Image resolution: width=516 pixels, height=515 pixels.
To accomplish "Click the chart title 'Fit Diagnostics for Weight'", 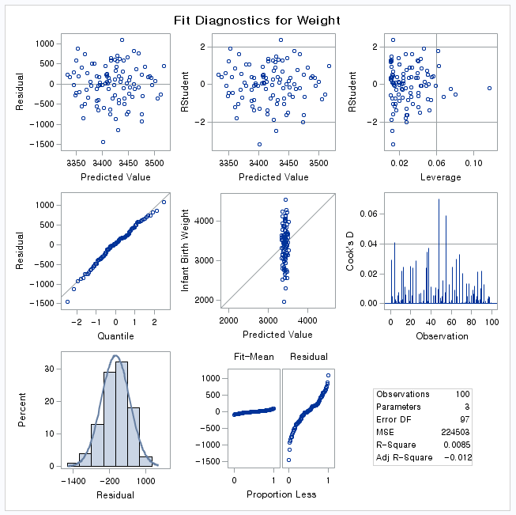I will [258, 21].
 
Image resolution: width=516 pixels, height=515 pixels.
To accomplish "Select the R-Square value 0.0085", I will [457, 445].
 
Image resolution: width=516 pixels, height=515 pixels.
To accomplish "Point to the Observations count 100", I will [462, 394].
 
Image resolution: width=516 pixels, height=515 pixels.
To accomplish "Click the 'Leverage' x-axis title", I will [440, 177].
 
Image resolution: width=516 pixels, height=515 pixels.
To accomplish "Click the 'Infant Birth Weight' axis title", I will [186, 249].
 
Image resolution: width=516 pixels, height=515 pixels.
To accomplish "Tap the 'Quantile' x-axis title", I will [116, 336].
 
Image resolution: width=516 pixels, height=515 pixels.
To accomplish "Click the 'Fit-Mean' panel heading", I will [254, 357].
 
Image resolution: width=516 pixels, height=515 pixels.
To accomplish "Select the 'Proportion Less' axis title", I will [281, 494].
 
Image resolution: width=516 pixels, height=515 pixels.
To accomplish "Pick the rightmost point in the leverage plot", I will [489, 88].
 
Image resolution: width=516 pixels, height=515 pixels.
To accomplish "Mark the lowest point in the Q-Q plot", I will [67, 301].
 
